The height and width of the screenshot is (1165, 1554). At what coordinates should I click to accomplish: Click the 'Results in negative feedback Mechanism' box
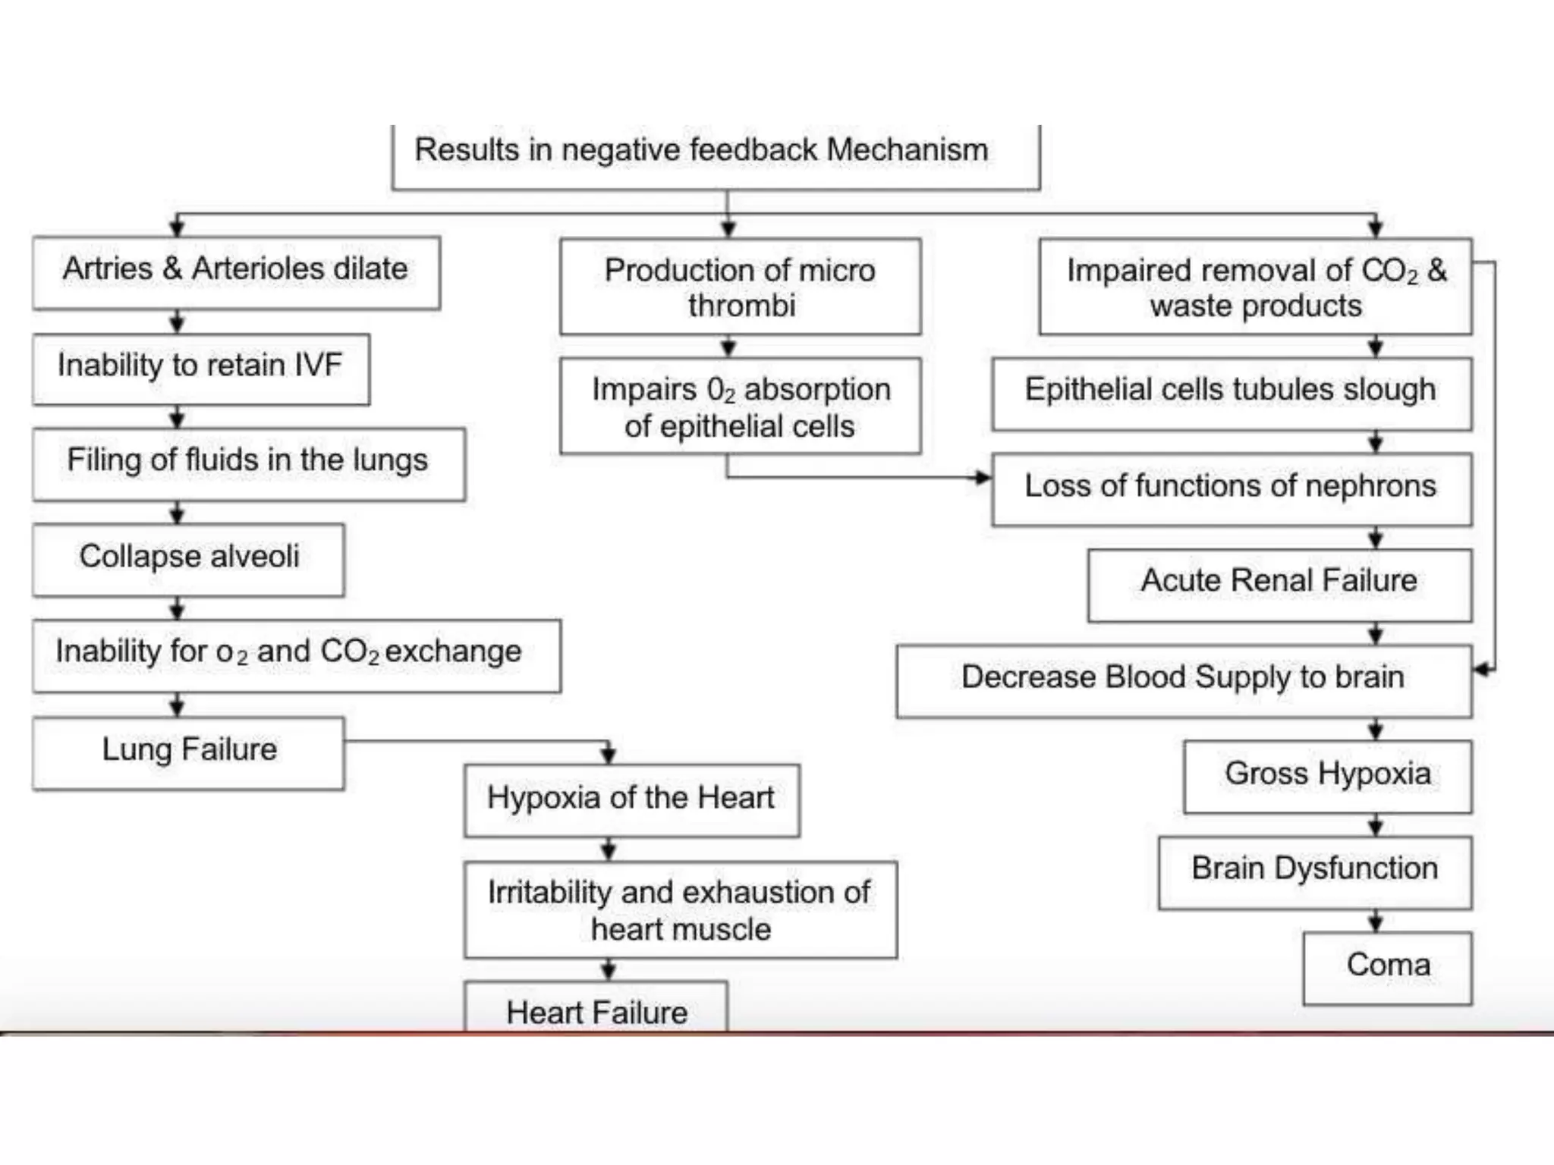click(x=716, y=155)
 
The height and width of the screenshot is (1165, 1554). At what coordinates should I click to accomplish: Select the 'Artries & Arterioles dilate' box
click(x=236, y=272)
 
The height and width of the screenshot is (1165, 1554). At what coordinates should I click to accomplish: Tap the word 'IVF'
click(x=318, y=365)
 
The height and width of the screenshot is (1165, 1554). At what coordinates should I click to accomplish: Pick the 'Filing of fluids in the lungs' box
click(x=248, y=463)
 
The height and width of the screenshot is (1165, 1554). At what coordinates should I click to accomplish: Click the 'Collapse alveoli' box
click(x=188, y=559)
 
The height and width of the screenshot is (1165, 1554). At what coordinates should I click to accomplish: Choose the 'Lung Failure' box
click(x=188, y=752)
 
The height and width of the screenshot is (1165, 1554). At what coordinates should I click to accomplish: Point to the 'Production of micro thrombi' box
click(x=740, y=287)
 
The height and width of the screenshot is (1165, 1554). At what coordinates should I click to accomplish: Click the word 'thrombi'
click(x=741, y=306)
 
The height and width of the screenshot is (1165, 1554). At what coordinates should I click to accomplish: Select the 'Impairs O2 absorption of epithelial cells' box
click(x=740, y=407)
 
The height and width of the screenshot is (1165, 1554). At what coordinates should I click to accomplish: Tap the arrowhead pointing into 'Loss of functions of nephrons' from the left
click(x=983, y=477)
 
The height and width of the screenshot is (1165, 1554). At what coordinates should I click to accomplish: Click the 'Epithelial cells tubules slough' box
click(x=1231, y=394)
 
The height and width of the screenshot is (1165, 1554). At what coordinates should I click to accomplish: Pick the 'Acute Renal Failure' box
click(x=1279, y=585)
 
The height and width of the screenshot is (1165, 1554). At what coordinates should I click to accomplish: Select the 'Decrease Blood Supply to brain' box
click(x=1183, y=680)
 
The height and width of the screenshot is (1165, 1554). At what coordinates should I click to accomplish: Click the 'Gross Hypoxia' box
click(x=1327, y=777)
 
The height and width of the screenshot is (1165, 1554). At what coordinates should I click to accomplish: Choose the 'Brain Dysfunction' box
click(x=1314, y=872)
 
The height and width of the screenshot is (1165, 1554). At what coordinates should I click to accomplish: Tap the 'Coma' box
click(x=1387, y=968)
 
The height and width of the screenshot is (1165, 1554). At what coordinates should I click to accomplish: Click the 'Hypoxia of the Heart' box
click(x=631, y=800)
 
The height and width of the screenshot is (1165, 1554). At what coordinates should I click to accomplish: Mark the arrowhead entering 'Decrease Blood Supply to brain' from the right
click(x=1480, y=670)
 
